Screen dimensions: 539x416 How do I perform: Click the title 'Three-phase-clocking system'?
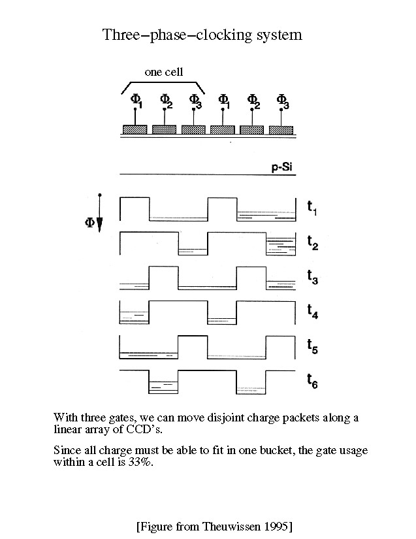pyautogui.click(x=202, y=35)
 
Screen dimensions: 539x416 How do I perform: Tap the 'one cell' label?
pyautogui.click(x=165, y=73)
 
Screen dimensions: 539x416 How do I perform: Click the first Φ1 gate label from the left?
pyautogui.click(x=136, y=101)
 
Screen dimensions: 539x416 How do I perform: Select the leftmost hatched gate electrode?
pyautogui.click(x=135, y=129)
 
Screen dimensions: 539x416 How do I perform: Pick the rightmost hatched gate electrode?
pyautogui.click(x=281, y=129)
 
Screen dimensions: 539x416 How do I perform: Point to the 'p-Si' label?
pyautogui.click(x=285, y=168)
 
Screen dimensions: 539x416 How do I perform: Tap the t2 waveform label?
pyautogui.click(x=313, y=242)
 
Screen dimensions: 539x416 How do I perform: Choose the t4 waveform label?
pyautogui.click(x=313, y=310)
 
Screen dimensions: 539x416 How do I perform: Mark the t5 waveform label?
pyautogui.click(x=313, y=346)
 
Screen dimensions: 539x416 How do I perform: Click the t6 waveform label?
pyautogui.click(x=313, y=380)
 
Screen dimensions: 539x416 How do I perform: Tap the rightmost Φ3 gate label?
pyautogui.click(x=282, y=101)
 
